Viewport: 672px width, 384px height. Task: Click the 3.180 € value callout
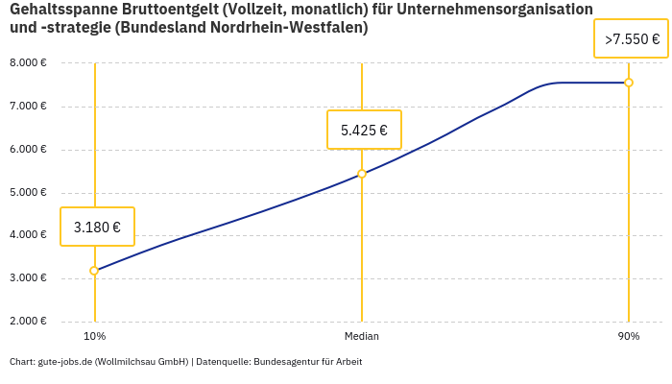(x=97, y=228)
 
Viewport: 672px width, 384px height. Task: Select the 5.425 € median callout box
(x=364, y=131)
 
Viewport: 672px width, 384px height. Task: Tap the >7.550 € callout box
(x=632, y=39)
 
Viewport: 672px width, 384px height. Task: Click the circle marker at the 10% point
(x=94, y=271)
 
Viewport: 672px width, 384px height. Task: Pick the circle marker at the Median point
(x=362, y=174)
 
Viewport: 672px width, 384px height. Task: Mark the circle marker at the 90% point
(x=629, y=83)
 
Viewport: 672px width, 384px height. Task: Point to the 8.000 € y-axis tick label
(x=28, y=63)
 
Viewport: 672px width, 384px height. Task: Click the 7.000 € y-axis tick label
(x=28, y=107)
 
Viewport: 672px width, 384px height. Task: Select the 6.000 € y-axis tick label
(x=28, y=150)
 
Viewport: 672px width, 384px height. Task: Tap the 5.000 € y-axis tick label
(x=28, y=193)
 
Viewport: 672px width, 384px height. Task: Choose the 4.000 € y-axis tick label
(x=28, y=235)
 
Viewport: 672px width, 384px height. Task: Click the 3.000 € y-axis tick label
(x=28, y=278)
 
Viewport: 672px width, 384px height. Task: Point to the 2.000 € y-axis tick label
(x=28, y=322)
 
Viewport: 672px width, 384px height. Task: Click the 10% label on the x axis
(x=94, y=337)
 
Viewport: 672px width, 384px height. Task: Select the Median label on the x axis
(x=362, y=337)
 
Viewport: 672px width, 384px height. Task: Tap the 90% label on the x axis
(x=629, y=337)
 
